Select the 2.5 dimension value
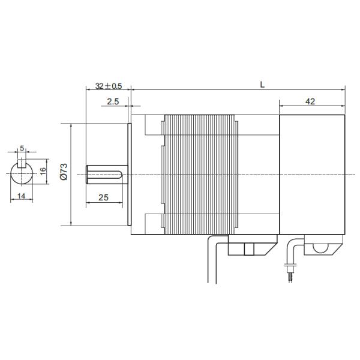(112, 102)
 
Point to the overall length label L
(262, 84)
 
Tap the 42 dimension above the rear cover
(310, 102)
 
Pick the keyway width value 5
(22, 148)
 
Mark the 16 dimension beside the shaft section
(43, 171)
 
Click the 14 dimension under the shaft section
(21, 196)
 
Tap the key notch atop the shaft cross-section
(22, 162)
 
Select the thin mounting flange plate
(129, 175)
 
